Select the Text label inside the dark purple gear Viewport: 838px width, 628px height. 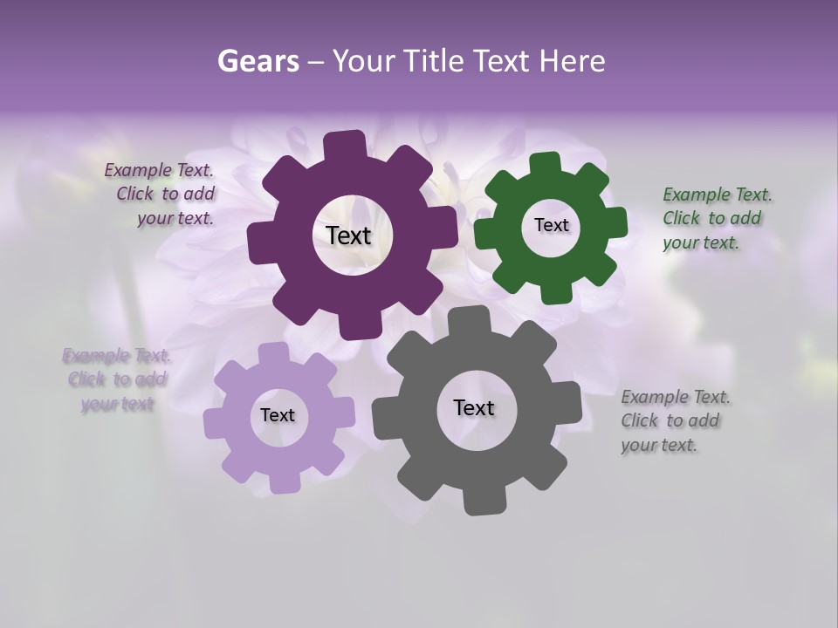coord(348,235)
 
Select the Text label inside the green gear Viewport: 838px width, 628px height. coord(551,225)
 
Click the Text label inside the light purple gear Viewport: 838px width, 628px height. coord(278,415)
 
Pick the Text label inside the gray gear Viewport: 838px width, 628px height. coord(474,407)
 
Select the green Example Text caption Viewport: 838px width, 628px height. coord(716,218)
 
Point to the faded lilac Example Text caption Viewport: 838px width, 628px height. coord(116,379)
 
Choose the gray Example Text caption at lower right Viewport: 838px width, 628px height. coord(674,420)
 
